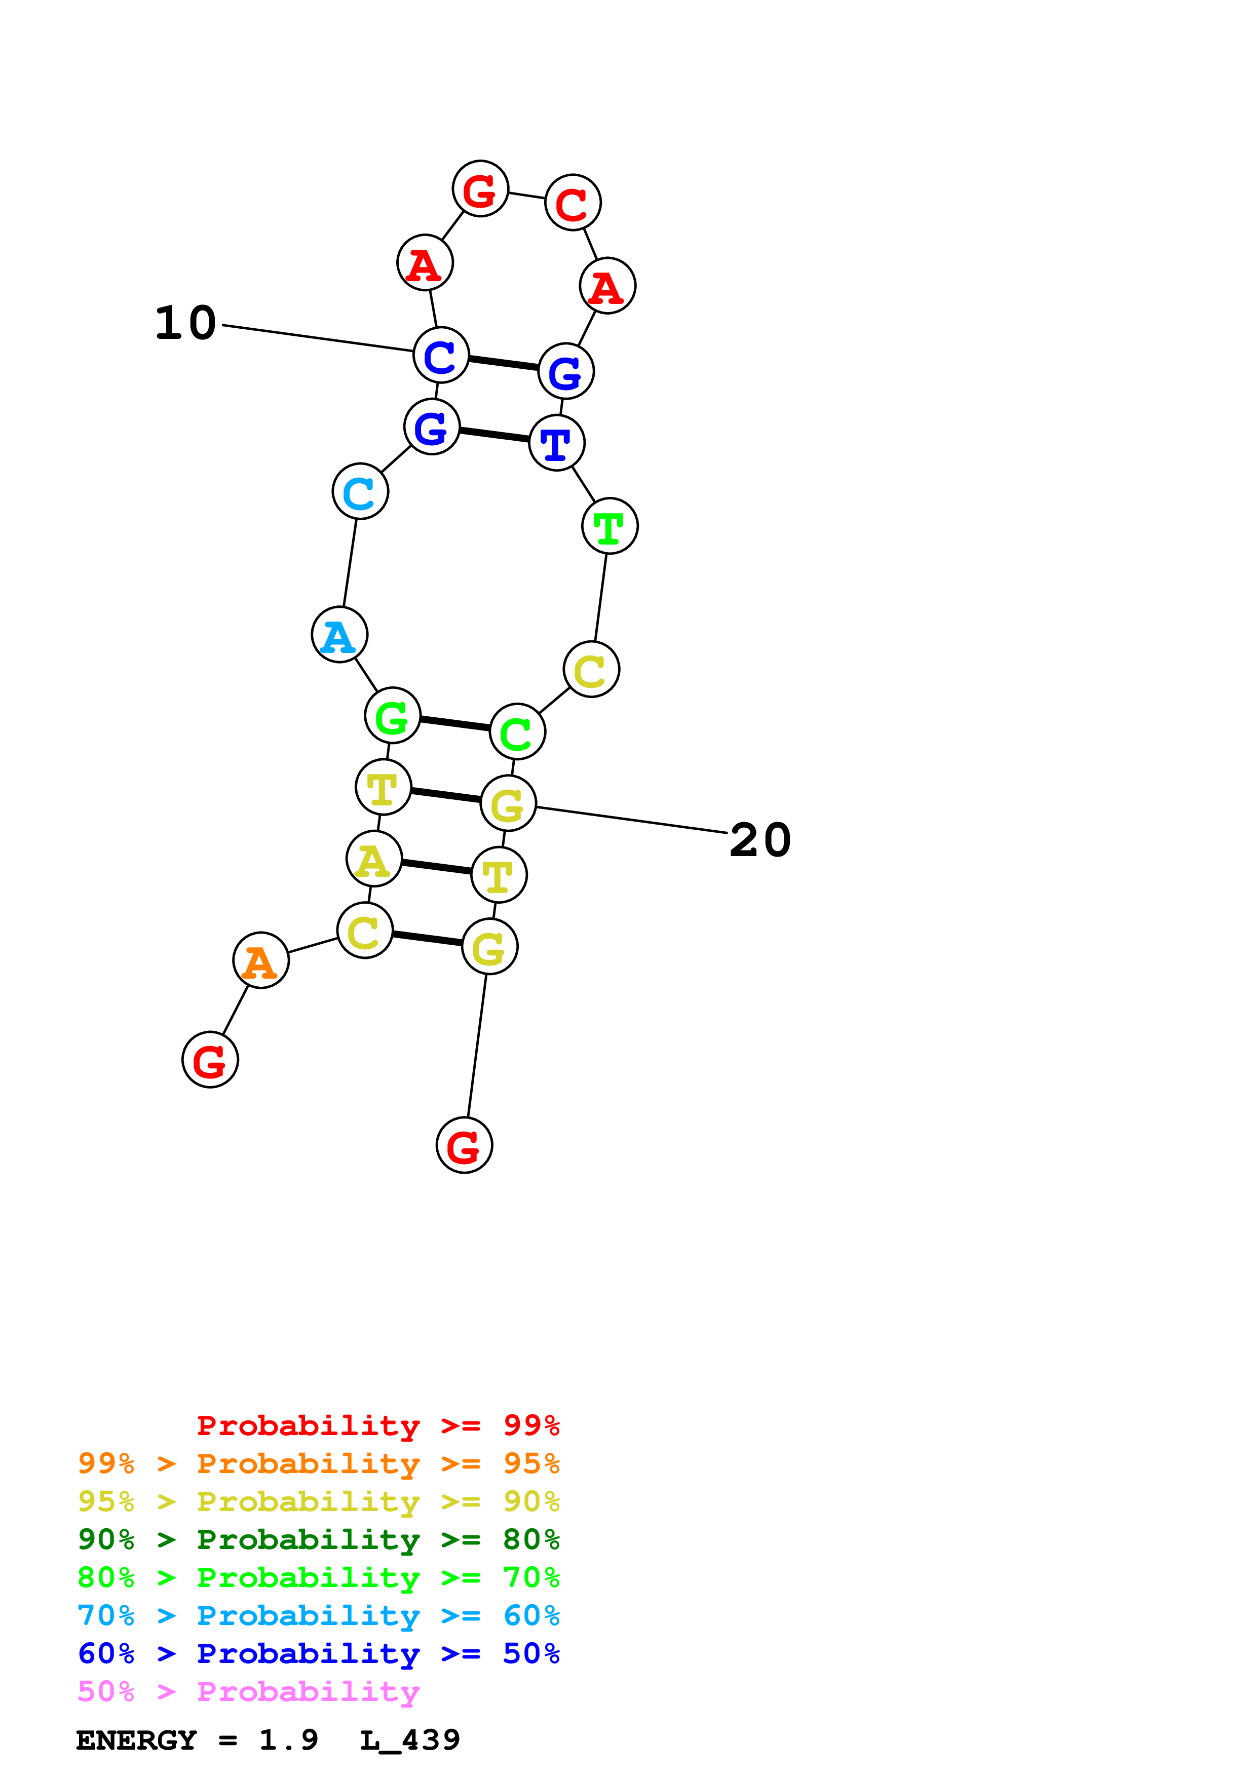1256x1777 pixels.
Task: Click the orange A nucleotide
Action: click(x=261, y=960)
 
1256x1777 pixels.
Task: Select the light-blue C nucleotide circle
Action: click(x=360, y=491)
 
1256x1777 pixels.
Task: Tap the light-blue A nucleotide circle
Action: click(x=339, y=635)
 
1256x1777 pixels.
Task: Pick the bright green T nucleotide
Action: click(x=610, y=526)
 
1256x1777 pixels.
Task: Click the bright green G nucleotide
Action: click(x=392, y=715)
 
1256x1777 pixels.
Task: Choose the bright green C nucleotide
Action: click(x=517, y=731)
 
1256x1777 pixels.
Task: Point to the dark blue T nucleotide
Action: click(x=556, y=443)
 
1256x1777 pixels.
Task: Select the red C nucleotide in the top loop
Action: click(x=573, y=203)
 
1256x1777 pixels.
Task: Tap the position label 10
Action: click(x=186, y=323)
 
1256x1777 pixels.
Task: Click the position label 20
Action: click(x=760, y=840)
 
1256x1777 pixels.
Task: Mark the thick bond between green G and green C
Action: click(x=455, y=724)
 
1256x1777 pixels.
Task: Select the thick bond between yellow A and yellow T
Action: click(x=436, y=867)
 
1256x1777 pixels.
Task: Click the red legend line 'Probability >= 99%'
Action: click(x=377, y=1425)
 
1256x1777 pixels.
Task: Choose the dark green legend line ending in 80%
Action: click(x=318, y=1539)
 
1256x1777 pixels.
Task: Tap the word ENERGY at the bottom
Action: click(x=136, y=1740)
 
